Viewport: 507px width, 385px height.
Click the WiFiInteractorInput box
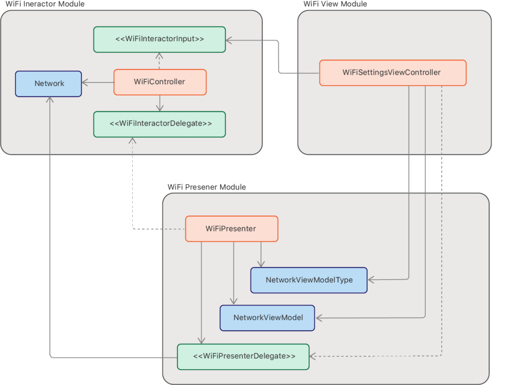click(x=159, y=39)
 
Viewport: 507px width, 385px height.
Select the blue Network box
click(x=49, y=83)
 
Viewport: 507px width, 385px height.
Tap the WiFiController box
click(x=159, y=82)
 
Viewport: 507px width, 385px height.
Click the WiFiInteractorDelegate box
click(x=159, y=124)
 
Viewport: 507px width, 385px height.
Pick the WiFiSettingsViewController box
click(x=392, y=72)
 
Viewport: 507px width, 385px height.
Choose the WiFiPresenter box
click(x=231, y=229)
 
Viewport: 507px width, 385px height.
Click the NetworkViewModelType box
click(x=309, y=280)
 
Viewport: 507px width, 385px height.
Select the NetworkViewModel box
click(x=267, y=317)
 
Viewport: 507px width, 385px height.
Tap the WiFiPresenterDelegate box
click(x=243, y=356)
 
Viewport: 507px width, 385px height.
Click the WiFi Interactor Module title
click(x=45, y=4)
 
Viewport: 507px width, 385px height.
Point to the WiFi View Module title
click(x=335, y=4)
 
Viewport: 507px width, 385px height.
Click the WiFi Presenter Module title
click(x=206, y=187)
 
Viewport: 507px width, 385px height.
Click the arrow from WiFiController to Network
click(x=98, y=83)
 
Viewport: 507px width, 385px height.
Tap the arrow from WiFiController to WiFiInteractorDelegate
click(x=159, y=103)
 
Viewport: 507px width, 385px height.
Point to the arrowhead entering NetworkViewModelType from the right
click(x=371, y=280)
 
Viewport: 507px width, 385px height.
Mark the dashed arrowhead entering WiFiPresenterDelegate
click(x=313, y=356)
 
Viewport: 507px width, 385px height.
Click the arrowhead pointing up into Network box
click(x=50, y=100)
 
